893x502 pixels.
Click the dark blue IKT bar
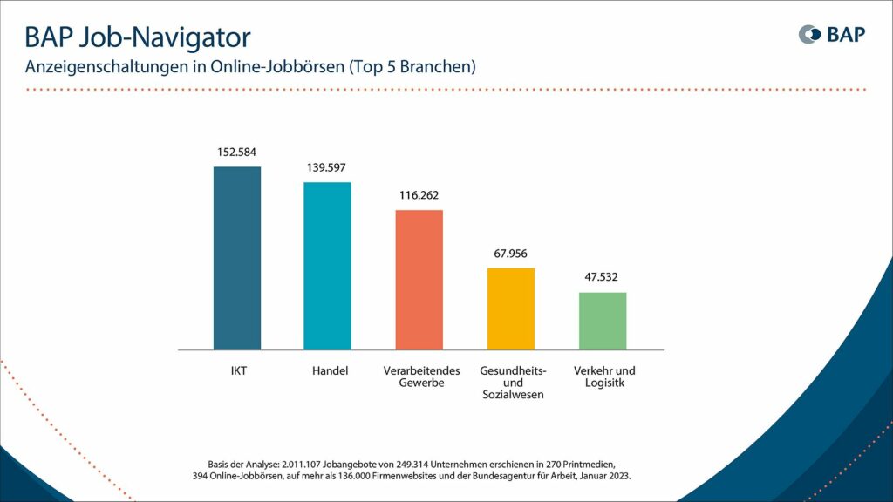pyautogui.click(x=237, y=258)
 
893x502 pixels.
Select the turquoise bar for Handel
pyautogui.click(x=327, y=266)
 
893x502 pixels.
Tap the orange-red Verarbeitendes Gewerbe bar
pyautogui.click(x=419, y=280)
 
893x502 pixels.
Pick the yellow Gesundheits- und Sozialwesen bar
pyautogui.click(x=510, y=309)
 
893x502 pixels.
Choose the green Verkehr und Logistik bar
pyautogui.click(x=603, y=321)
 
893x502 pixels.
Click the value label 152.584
pyautogui.click(x=237, y=153)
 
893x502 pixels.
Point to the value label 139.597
pyautogui.click(x=327, y=167)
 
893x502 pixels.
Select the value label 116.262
pyautogui.click(x=419, y=195)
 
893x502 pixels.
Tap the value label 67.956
pyautogui.click(x=510, y=254)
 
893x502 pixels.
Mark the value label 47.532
pyautogui.click(x=603, y=278)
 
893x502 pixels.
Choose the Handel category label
pyautogui.click(x=330, y=371)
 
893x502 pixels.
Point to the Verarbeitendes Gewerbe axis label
pyautogui.click(x=419, y=377)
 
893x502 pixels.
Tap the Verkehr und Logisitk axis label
pyautogui.click(x=604, y=377)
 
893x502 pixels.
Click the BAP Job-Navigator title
pyautogui.click(x=137, y=37)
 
